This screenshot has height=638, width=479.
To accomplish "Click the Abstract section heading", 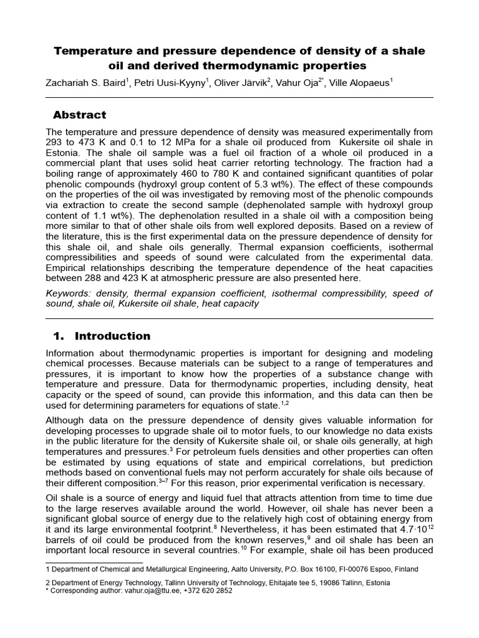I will point(79,115).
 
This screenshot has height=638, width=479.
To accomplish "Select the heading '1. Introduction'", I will point(102,336).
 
